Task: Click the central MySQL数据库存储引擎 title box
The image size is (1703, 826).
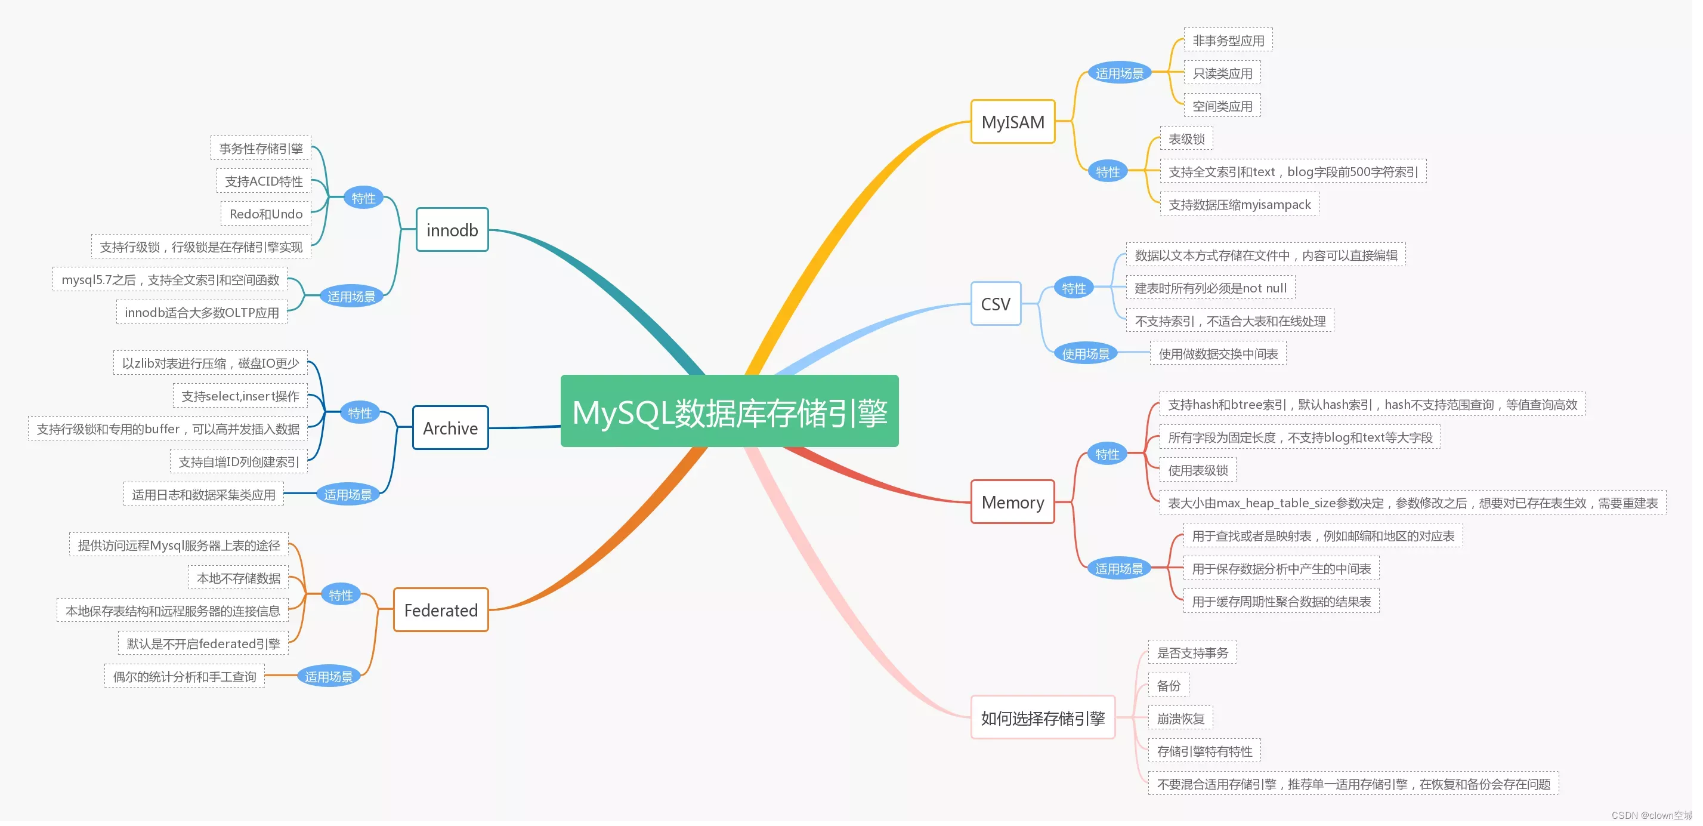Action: click(729, 411)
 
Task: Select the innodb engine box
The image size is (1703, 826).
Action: click(452, 230)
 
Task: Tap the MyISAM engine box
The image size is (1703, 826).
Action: click(1012, 122)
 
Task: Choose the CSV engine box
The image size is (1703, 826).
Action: click(996, 304)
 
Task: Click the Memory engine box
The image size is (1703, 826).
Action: click(1012, 502)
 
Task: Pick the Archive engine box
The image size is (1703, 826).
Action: click(450, 428)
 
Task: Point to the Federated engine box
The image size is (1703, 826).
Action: click(440, 610)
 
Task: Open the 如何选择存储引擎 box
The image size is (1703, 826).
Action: click(1043, 717)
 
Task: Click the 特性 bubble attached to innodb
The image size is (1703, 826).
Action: click(363, 198)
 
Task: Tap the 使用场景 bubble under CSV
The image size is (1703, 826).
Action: click(1086, 354)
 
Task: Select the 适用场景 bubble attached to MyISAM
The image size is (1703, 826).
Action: click(1119, 73)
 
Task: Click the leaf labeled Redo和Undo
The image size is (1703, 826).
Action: click(266, 214)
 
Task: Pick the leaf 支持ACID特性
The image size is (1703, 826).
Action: click(263, 181)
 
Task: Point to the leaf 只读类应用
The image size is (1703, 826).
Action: click(1222, 73)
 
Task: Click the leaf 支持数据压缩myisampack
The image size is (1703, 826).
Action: click(1239, 204)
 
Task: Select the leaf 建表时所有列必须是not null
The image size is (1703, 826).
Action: click(1210, 288)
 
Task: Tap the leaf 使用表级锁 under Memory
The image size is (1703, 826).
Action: click(1197, 470)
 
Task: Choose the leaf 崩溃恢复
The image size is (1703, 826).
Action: click(1180, 718)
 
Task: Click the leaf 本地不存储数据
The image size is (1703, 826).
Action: click(239, 578)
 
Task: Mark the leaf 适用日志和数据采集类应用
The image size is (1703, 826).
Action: click(203, 495)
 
